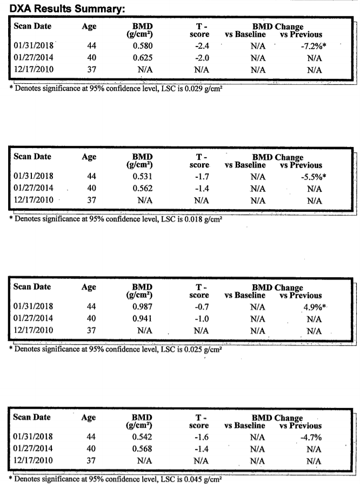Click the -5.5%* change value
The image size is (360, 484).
(x=313, y=176)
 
